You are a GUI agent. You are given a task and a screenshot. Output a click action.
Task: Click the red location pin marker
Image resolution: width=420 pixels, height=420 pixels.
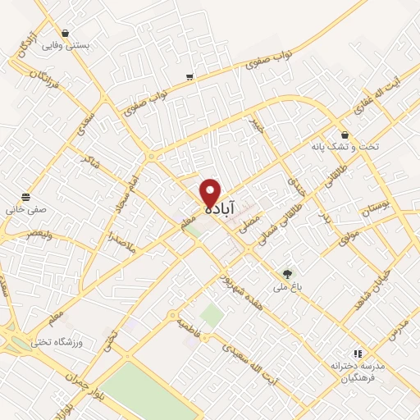[211, 193]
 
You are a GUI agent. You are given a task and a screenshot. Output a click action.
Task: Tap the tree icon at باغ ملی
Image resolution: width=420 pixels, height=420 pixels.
[287, 273]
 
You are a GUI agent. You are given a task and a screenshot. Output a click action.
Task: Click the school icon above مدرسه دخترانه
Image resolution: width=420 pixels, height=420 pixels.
[357, 353]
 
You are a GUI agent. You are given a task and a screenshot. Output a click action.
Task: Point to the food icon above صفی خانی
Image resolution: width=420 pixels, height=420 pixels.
[27, 197]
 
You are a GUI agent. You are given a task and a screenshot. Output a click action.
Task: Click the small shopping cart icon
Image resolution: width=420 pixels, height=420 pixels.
[189, 77]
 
